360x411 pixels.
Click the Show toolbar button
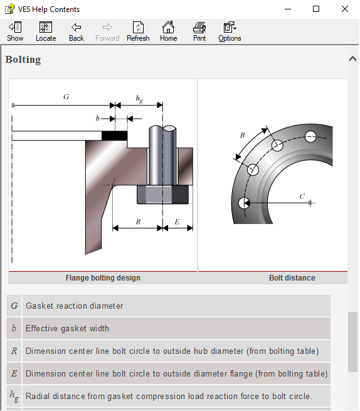tap(15, 31)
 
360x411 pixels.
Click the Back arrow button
tap(77, 31)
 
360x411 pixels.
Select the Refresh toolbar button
tap(138, 31)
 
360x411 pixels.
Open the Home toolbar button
tap(168, 31)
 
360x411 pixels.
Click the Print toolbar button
tap(199, 31)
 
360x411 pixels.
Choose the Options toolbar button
tap(230, 31)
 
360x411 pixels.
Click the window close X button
tap(345, 9)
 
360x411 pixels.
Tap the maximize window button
tap(316, 9)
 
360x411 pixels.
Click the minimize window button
tap(288, 9)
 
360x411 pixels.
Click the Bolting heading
tap(23, 60)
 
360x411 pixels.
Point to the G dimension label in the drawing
tap(66, 97)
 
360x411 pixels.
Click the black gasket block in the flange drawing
tap(114, 135)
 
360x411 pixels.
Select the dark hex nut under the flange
tap(162, 195)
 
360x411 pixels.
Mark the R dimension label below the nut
tap(137, 222)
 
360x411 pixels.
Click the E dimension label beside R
tap(177, 222)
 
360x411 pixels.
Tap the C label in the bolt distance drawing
tap(302, 196)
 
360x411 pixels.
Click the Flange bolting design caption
tap(103, 278)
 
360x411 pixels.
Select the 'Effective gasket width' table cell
tap(67, 328)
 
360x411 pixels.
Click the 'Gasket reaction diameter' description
tap(74, 306)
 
